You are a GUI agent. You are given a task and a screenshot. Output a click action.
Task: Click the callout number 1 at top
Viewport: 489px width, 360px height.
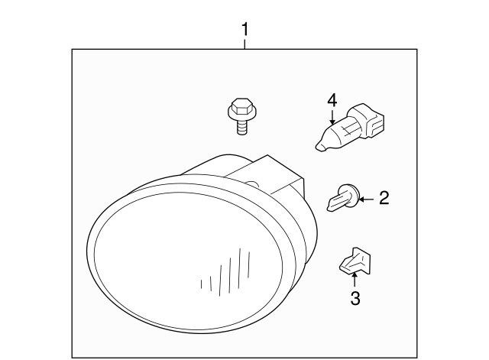click(245, 30)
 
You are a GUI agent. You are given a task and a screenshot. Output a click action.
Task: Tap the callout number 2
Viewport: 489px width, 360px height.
click(384, 199)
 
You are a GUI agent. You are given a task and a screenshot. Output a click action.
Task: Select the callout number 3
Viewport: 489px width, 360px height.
click(355, 299)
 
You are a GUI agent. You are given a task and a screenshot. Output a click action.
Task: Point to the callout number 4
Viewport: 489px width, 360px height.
click(332, 100)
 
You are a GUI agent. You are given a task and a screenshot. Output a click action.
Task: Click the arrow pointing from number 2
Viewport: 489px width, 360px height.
click(365, 199)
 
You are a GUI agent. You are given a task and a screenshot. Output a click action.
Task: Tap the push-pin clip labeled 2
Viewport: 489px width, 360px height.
click(341, 200)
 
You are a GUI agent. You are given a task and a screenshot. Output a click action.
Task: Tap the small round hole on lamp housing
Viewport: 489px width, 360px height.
click(251, 183)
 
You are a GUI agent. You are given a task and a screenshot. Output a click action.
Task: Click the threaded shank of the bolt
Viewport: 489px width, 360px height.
click(241, 128)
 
